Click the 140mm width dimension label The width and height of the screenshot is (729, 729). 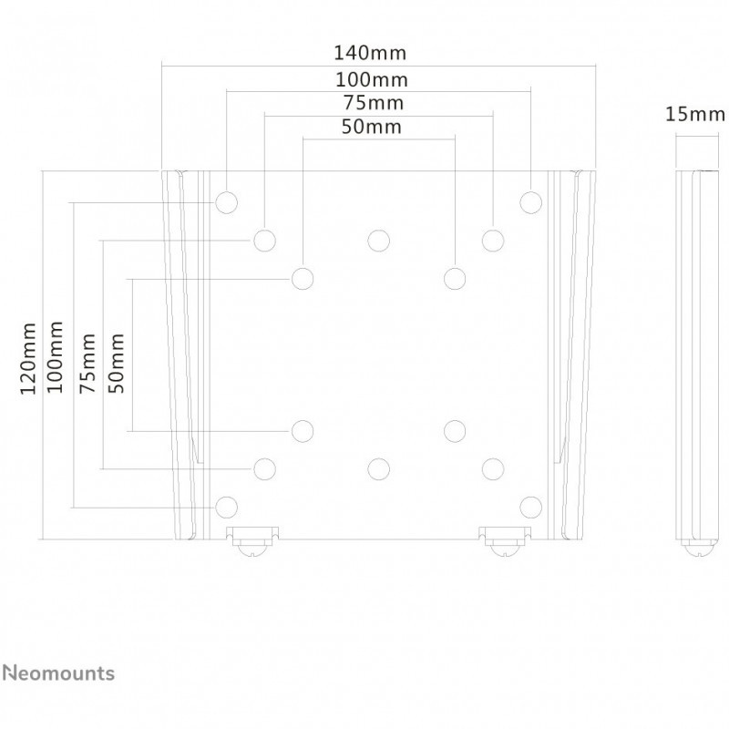370,53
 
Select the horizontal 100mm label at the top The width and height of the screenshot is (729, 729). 372,80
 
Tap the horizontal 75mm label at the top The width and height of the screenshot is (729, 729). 374,103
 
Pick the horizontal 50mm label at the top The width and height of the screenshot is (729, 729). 372,127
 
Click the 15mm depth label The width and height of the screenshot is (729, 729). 694,114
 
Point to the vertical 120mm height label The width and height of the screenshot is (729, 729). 28,358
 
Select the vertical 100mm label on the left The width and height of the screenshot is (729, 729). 56,356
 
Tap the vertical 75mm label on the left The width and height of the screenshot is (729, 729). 87,363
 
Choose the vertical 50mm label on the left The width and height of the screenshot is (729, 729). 117,363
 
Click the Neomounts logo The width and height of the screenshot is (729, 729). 58,673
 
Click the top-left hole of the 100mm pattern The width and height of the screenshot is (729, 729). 226,202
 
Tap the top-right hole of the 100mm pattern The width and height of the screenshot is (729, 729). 530,202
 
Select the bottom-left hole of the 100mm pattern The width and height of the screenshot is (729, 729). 226,507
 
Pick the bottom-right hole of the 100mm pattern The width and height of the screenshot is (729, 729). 530,507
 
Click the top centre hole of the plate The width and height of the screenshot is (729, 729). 378,241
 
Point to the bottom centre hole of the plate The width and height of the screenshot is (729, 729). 378,469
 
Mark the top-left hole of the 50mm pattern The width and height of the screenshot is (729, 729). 303,279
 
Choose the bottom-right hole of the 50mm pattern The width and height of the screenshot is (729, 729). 455,431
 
